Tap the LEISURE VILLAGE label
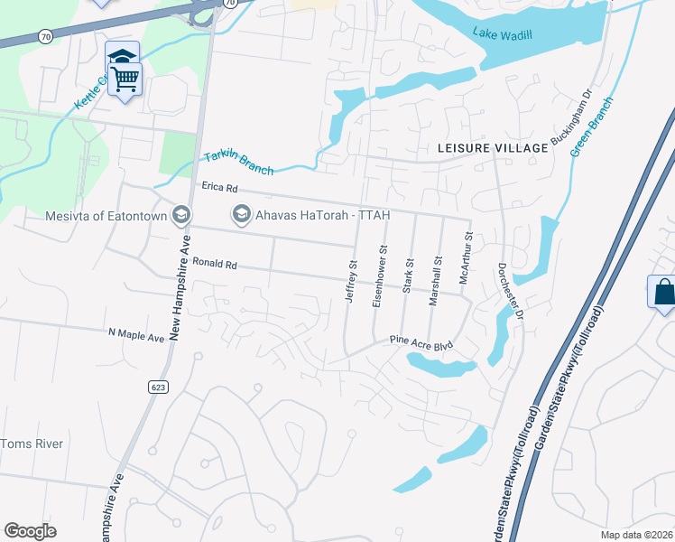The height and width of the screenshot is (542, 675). point(492,147)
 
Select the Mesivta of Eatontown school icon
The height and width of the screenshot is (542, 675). point(181,215)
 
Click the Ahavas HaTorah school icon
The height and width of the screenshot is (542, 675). point(241,215)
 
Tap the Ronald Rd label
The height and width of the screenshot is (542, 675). point(214,265)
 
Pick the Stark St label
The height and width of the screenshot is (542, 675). point(408,275)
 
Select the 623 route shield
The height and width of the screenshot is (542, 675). point(159,387)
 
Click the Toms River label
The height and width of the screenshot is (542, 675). point(31,444)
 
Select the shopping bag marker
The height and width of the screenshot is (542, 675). point(662,293)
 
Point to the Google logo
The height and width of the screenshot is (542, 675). point(30,531)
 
